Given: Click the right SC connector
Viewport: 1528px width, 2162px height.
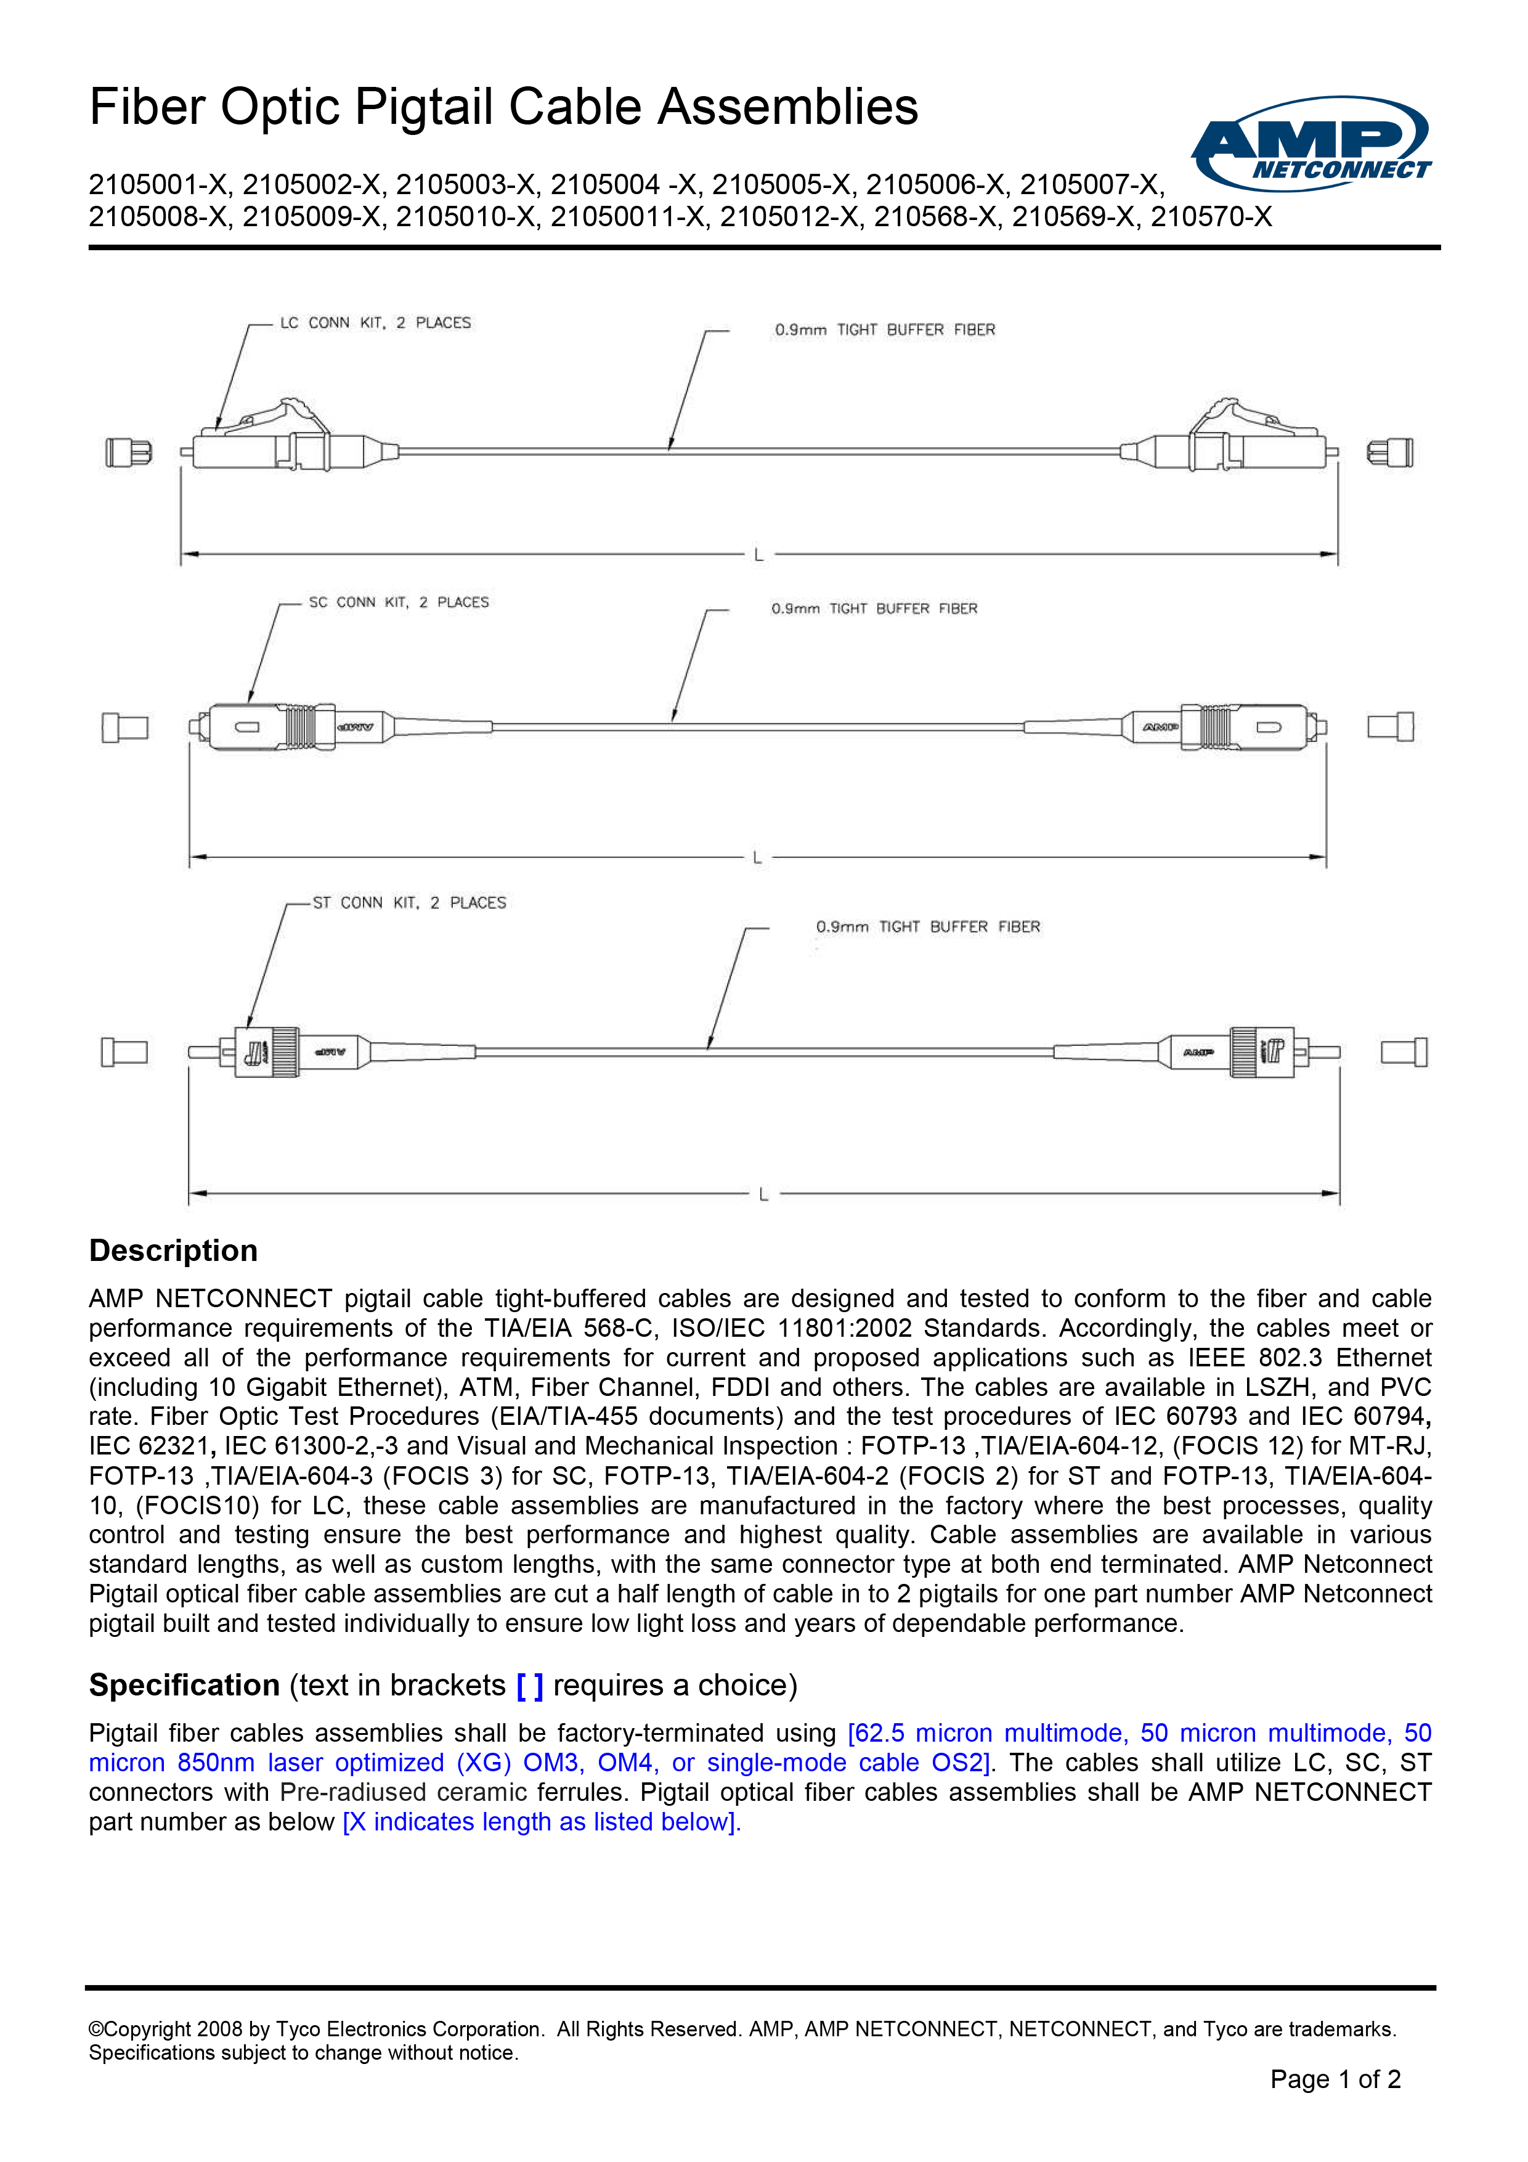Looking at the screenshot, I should (1224, 727).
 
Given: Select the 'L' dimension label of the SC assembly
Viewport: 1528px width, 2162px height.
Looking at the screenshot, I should (757, 858).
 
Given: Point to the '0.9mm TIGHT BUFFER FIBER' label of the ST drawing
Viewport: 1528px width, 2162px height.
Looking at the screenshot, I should (927, 928).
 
